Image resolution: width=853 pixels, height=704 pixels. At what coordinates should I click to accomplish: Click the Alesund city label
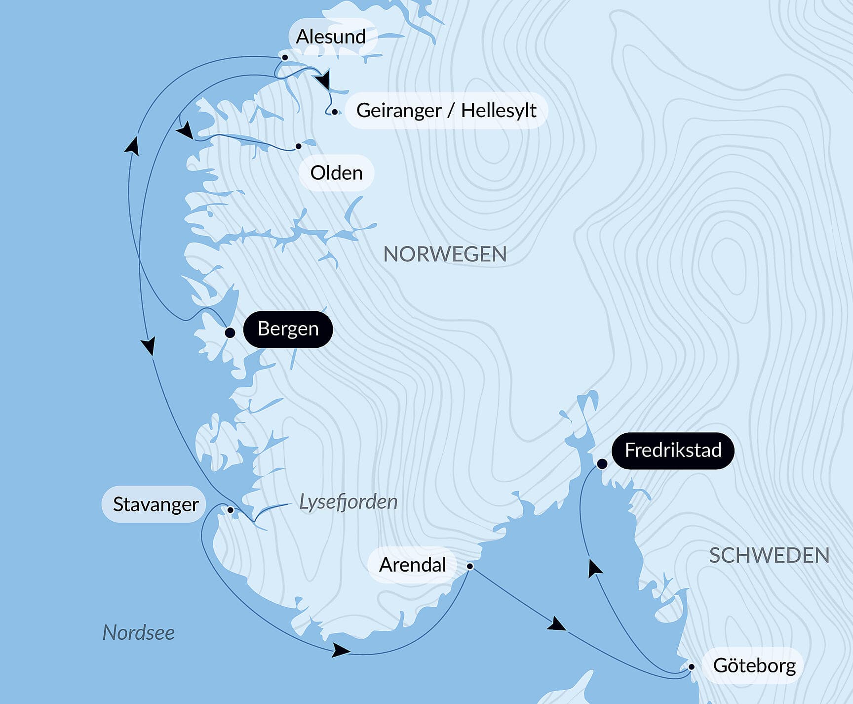click(x=331, y=37)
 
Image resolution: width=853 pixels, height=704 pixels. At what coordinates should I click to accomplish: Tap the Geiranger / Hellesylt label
click(x=446, y=110)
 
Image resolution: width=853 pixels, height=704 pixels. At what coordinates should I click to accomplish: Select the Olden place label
click(x=336, y=173)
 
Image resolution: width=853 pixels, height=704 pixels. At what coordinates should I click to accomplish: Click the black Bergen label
click(x=288, y=329)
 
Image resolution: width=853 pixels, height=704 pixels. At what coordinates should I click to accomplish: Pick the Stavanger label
click(x=155, y=504)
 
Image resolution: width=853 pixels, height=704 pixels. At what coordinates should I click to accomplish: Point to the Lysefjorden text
click(x=348, y=502)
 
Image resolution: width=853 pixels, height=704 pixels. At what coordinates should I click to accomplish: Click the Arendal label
click(x=412, y=565)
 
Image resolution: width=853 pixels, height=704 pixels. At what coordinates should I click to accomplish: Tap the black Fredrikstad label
click(x=673, y=450)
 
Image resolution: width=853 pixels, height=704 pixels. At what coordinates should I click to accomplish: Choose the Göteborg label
click(x=754, y=665)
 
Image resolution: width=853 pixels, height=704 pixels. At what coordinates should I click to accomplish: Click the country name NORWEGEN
click(x=445, y=254)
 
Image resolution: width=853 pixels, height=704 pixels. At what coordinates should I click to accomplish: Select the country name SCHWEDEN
click(x=769, y=556)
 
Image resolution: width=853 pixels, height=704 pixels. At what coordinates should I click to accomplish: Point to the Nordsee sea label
click(x=138, y=632)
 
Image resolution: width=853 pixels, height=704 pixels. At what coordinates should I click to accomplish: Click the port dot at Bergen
click(x=230, y=333)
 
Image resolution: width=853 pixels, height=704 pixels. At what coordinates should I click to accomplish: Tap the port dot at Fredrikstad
click(x=602, y=464)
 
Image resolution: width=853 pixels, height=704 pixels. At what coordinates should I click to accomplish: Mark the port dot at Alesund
click(x=285, y=58)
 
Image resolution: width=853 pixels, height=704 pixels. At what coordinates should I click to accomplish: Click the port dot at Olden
click(x=298, y=146)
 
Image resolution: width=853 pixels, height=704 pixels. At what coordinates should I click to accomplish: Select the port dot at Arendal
click(x=470, y=566)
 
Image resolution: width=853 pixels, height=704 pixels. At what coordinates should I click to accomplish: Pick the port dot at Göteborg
click(x=691, y=667)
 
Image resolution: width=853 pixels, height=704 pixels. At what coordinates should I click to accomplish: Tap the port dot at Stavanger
click(x=230, y=510)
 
